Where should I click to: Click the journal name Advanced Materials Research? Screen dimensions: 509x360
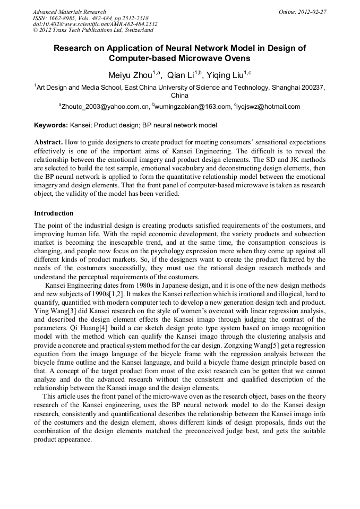(69, 11)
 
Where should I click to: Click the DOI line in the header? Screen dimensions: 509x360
(95, 24)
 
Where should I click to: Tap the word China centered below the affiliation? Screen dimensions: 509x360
(179, 96)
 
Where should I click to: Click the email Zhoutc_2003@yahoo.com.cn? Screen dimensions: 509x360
(105, 107)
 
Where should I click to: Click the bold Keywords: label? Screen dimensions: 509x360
(51, 125)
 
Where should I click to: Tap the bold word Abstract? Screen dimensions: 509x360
(48, 143)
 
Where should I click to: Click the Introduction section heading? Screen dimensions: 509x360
(54, 213)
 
